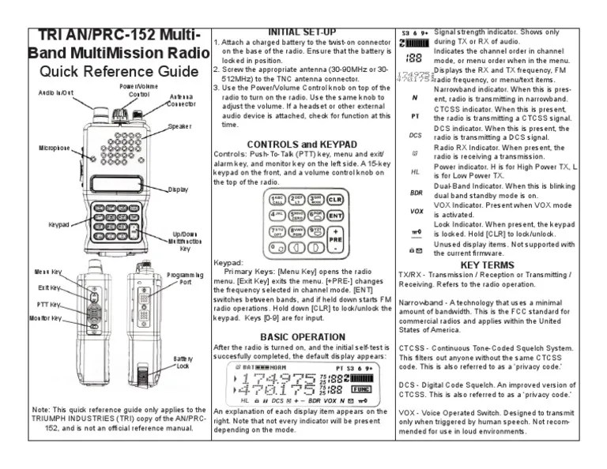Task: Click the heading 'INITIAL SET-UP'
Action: [303, 32]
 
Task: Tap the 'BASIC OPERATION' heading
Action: [303, 337]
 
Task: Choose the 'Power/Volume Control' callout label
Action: [139, 89]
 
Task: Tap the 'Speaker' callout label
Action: [179, 126]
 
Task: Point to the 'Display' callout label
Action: [179, 189]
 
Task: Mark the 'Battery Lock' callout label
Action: [183, 362]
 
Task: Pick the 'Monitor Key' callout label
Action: [45, 318]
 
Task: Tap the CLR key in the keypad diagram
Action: [334, 200]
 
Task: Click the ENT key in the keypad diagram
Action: [335, 215]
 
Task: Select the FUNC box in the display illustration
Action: [361, 389]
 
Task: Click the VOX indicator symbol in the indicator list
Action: [416, 212]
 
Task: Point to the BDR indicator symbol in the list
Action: [416, 192]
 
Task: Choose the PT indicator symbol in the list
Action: [416, 115]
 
